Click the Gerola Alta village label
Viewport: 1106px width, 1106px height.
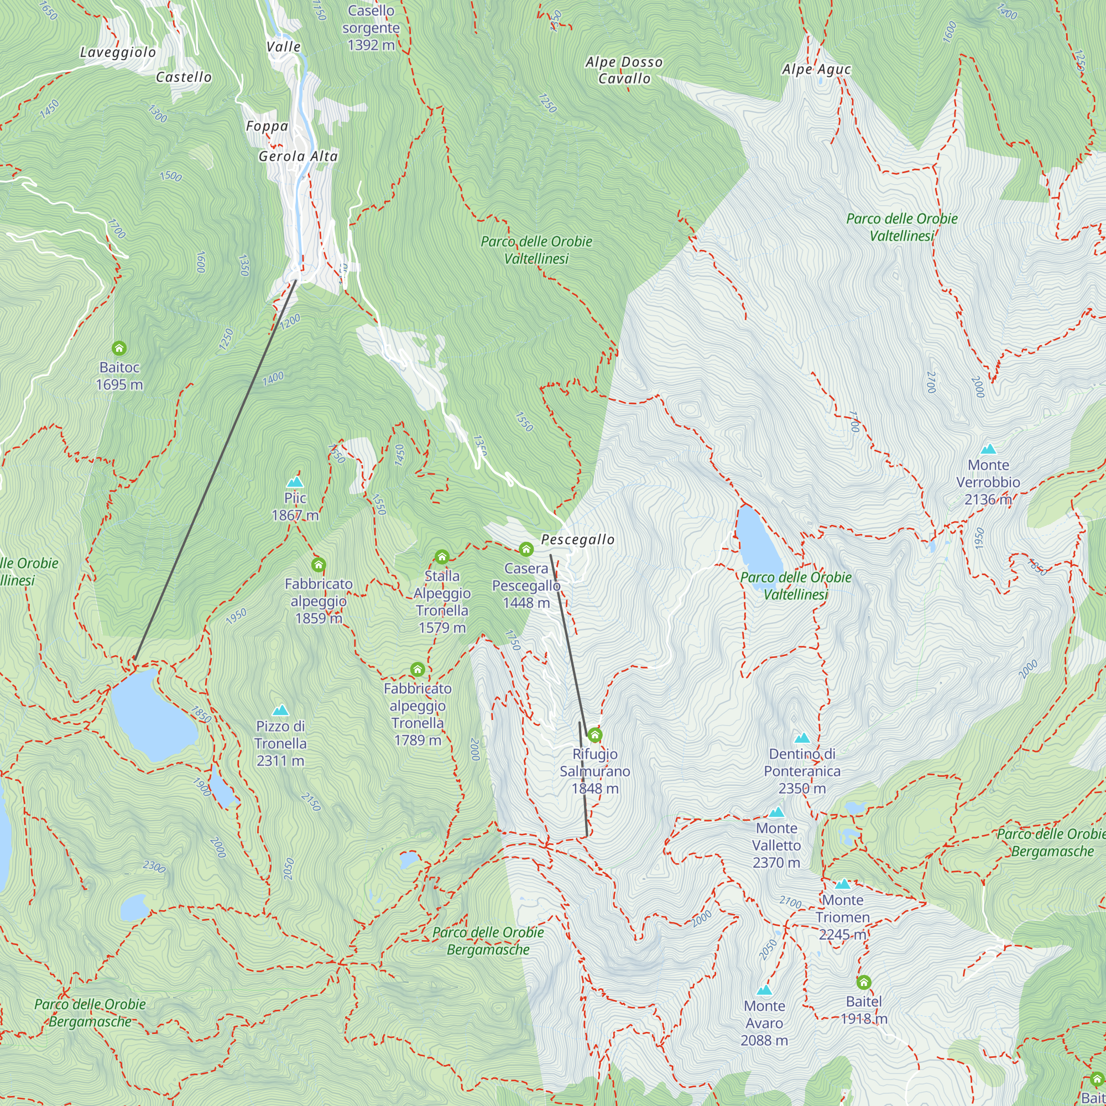pyautogui.click(x=298, y=156)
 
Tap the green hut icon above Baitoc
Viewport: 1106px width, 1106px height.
pyautogui.click(x=119, y=348)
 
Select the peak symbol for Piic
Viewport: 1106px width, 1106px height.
pyautogui.click(x=295, y=482)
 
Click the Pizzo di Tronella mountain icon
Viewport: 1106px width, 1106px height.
pyautogui.click(x=280, y=711)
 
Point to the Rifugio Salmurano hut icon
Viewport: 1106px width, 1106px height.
pyautogui.click(x=595, y=735)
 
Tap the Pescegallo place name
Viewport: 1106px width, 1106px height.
pyautogui.click(x=578, y=539)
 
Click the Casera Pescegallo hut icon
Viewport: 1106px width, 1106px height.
pyautogui.click(x=526, y=550)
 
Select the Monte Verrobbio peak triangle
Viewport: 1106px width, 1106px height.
pyautogui.click(x=988, y=449)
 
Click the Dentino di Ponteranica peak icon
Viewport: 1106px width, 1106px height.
pyautogui.click(x=802, y=738)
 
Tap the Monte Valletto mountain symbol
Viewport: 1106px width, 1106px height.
pyautogui.click(x=776, y=812)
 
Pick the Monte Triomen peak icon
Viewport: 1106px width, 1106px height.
pyautogui.click(x=843, y=884)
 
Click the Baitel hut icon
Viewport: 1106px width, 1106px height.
pyautogui.click(x=864, y=983)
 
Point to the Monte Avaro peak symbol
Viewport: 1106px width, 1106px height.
pyautogui.click(x=764, y=990)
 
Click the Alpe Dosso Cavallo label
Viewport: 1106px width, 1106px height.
pyautogui.click(x=624, y=70)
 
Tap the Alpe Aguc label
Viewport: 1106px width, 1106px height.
pyautogui.click(x=816, y=69)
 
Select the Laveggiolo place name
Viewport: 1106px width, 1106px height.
pyautogui.click(x=117, y=53)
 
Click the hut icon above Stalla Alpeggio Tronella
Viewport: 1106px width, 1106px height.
pyautogui.click(x=441, y=557)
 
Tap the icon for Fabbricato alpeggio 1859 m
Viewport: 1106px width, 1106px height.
pyautogui.click(x=319, y=565)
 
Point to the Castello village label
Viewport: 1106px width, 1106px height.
pyautogui.click(x=184, y=77)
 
